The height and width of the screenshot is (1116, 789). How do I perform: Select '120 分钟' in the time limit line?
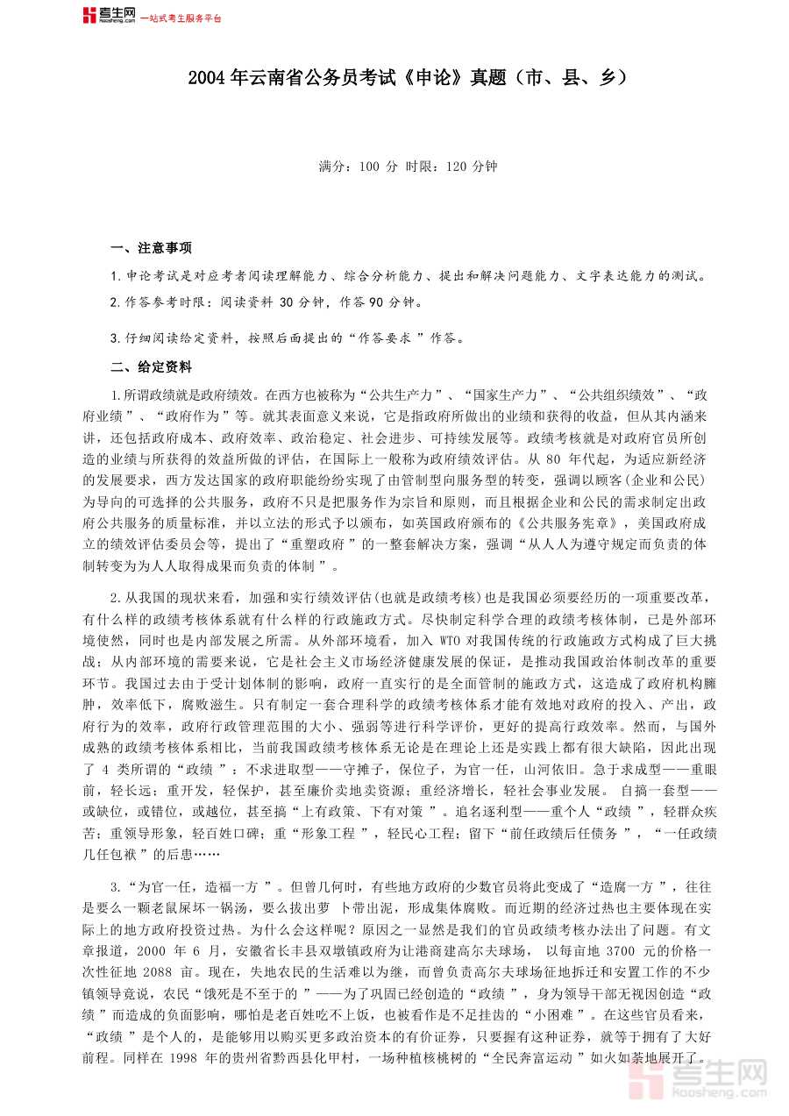point(472,166)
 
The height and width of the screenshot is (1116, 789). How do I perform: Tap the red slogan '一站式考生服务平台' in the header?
point(181,18)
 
